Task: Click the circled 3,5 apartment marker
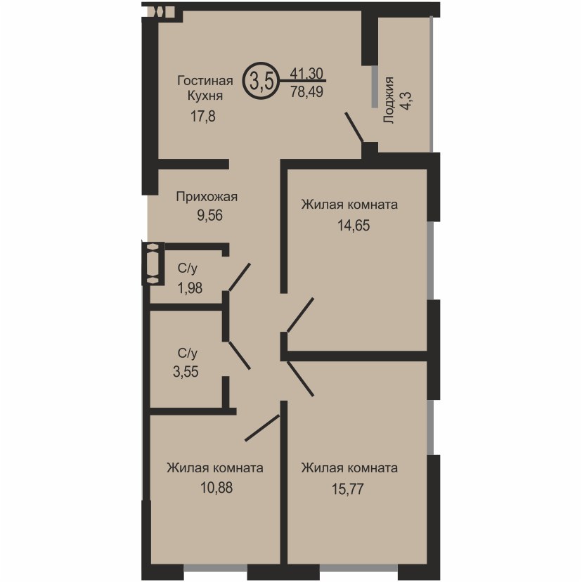(261, 81)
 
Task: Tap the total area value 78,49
(306, 91)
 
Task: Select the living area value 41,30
(306, 74)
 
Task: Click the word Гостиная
(205, 81)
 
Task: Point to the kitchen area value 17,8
(202, 117)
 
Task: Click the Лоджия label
(388, 101)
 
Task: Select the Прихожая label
(207, 197)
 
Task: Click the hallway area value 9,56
(209, 215)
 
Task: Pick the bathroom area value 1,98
(190, 288)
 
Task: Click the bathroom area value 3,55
(186, 372)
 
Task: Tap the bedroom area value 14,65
(354, 226)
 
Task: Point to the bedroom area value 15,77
(347, 489)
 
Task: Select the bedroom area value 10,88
(216, 488)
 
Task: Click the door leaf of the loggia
(354, 127)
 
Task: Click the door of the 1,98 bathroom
(240, 277)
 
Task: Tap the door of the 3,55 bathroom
(240, 355)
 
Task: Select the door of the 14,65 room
(300, 315)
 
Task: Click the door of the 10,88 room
(262, 428)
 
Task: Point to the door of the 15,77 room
(300, 379)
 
